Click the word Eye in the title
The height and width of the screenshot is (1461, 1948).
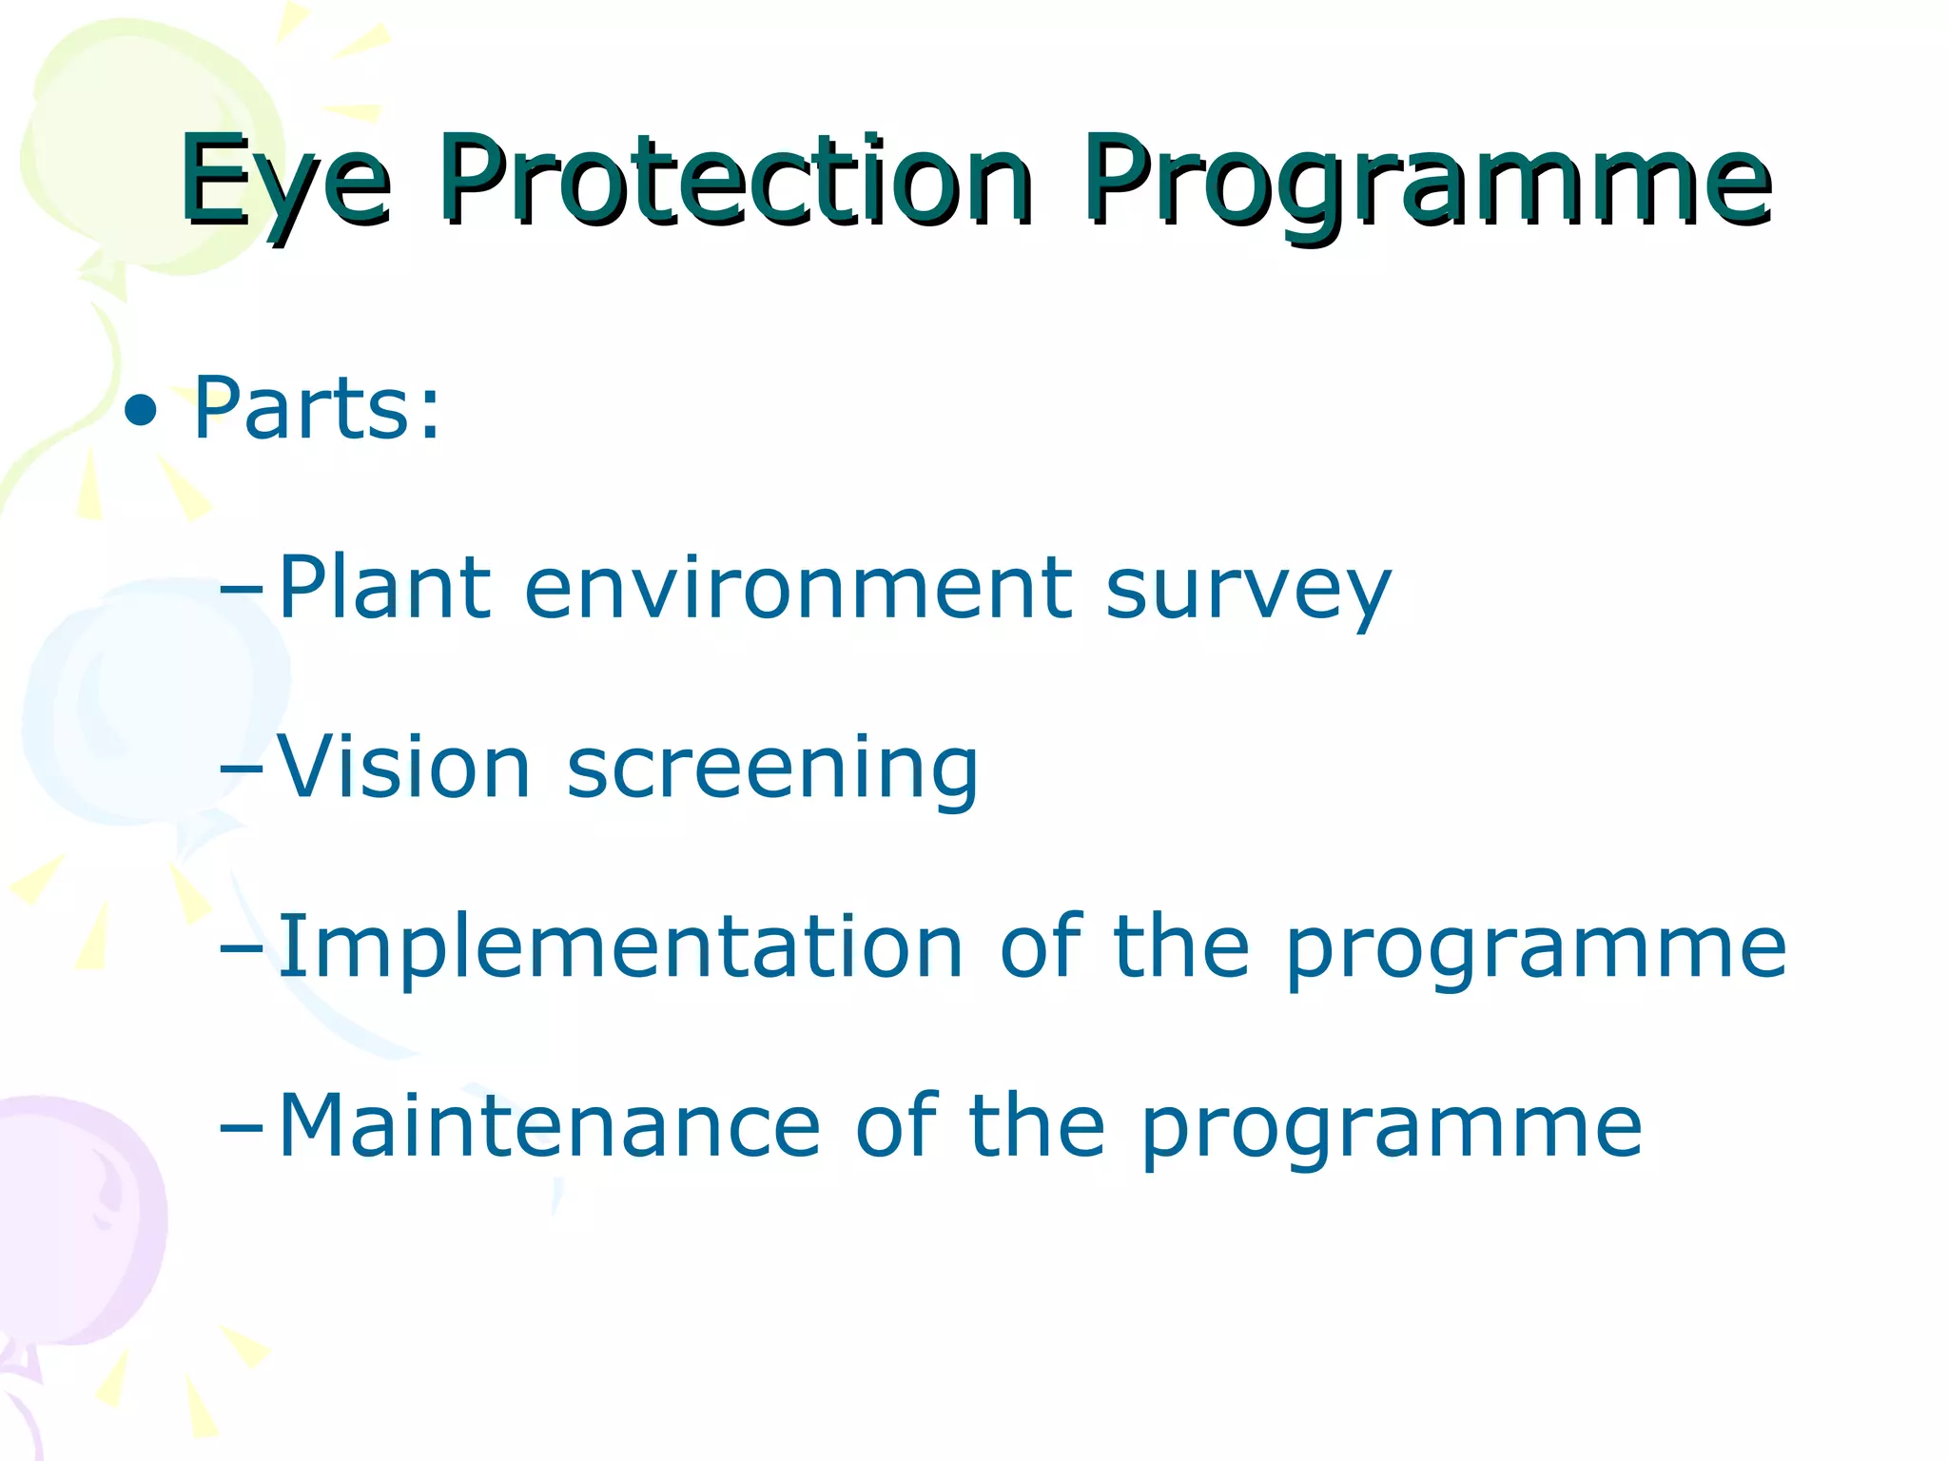point(285,183)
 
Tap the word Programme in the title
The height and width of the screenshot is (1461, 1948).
point(1427,183)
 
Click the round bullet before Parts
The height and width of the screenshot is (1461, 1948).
point(141,411)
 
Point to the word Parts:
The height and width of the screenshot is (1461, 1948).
point(318,409)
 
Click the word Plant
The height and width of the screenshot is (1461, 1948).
point(384,588)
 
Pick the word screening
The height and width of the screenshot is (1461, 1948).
point(772,770)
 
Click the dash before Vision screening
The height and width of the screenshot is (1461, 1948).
point(240,770)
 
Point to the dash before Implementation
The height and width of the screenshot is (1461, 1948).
point(240,949)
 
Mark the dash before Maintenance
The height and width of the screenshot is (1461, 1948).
point(240,1128)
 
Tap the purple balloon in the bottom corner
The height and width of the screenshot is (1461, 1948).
point(76,1227)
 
